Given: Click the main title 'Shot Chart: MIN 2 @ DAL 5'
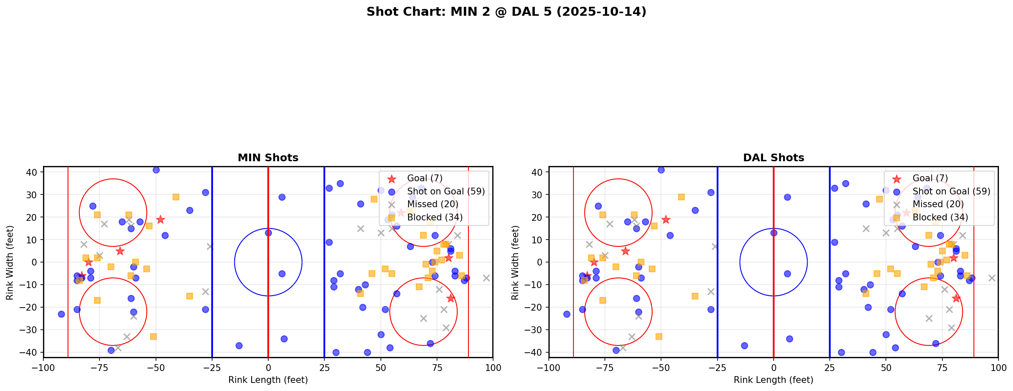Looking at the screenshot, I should (506, 12).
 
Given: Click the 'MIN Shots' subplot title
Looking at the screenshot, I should (268, 158).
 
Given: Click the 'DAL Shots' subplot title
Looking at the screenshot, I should (773, 158).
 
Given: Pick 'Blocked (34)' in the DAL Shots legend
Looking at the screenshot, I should (940, 217).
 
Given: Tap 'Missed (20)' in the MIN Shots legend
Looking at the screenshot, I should (432, 204).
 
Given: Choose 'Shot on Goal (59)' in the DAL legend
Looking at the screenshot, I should (951, 191).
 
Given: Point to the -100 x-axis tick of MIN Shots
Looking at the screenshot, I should (43, 367).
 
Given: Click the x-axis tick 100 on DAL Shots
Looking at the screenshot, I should (998, 367).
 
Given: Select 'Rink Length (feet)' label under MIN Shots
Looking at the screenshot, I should (268, 380).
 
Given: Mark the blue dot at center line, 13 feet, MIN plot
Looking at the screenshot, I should (268, 233).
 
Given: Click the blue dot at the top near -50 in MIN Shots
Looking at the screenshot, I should (156, 170).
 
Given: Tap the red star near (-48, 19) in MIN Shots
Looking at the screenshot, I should (160, 220).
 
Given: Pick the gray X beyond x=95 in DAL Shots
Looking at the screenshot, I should (992, 278).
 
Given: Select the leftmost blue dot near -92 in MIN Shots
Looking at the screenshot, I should (61, 314).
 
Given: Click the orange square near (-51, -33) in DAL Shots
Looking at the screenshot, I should (658, 337).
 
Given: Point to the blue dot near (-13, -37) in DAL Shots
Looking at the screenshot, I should (744, 345).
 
